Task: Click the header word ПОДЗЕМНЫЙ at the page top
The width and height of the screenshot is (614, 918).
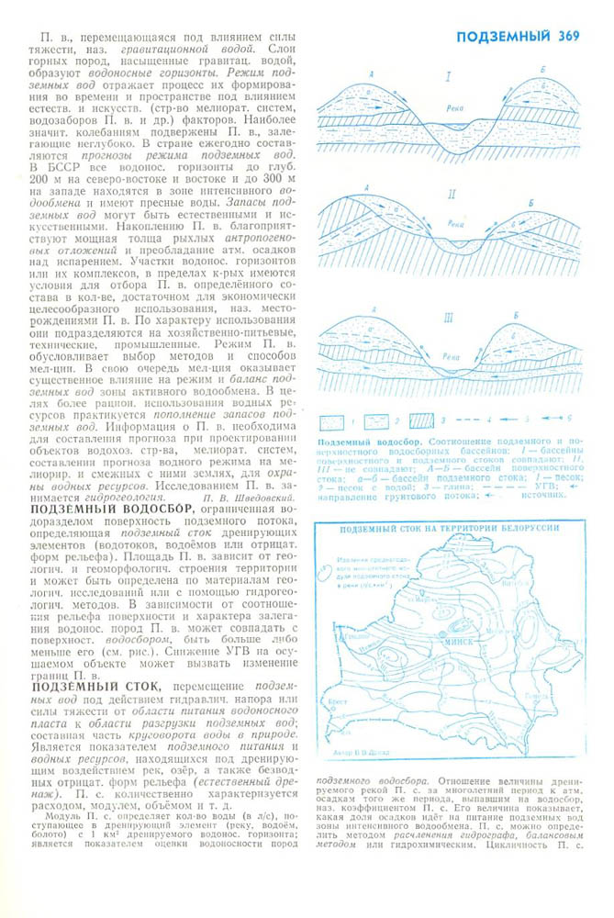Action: pos(503,37)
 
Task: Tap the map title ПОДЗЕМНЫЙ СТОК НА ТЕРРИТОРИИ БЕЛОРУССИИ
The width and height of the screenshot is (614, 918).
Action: pos(450,529)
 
